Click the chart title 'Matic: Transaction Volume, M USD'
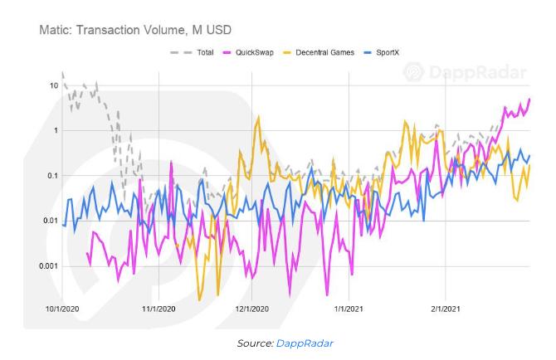pos(135,30)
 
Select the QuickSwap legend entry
pos(248,52)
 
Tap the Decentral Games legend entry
pos(319,52)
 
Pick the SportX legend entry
pos(382,52)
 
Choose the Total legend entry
pos(192,52)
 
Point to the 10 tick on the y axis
pos(54,85)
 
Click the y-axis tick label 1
pos(56,130)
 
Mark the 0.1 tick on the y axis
pos(53,176)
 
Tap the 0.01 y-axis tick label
pos(51,221)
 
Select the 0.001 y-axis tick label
pos(49,266)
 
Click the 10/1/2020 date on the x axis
pos(62,309)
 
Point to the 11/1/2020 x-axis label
pos(159,309)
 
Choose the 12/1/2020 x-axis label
pos(251,309)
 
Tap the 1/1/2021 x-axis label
pos(349,309)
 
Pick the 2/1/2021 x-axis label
pos(446,309)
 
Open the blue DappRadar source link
pos(305,343)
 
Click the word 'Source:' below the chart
pos(256,343)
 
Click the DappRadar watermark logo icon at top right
pos(414,72)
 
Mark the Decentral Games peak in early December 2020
pos(258,116)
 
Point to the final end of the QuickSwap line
pos(529,99)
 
